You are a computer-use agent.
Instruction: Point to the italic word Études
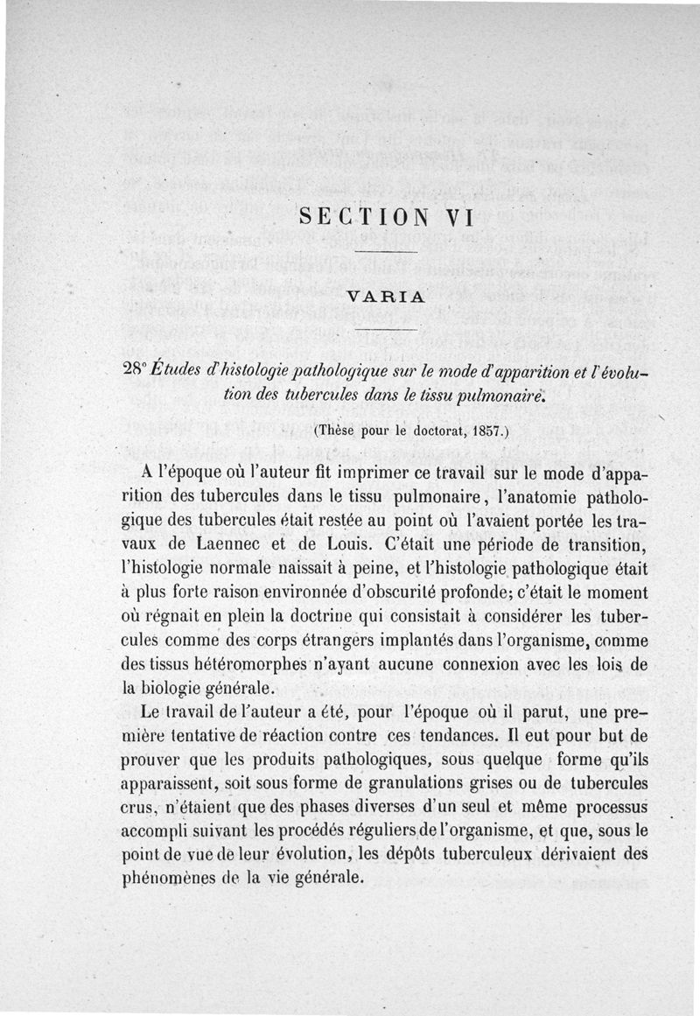(x=178, y=371)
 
